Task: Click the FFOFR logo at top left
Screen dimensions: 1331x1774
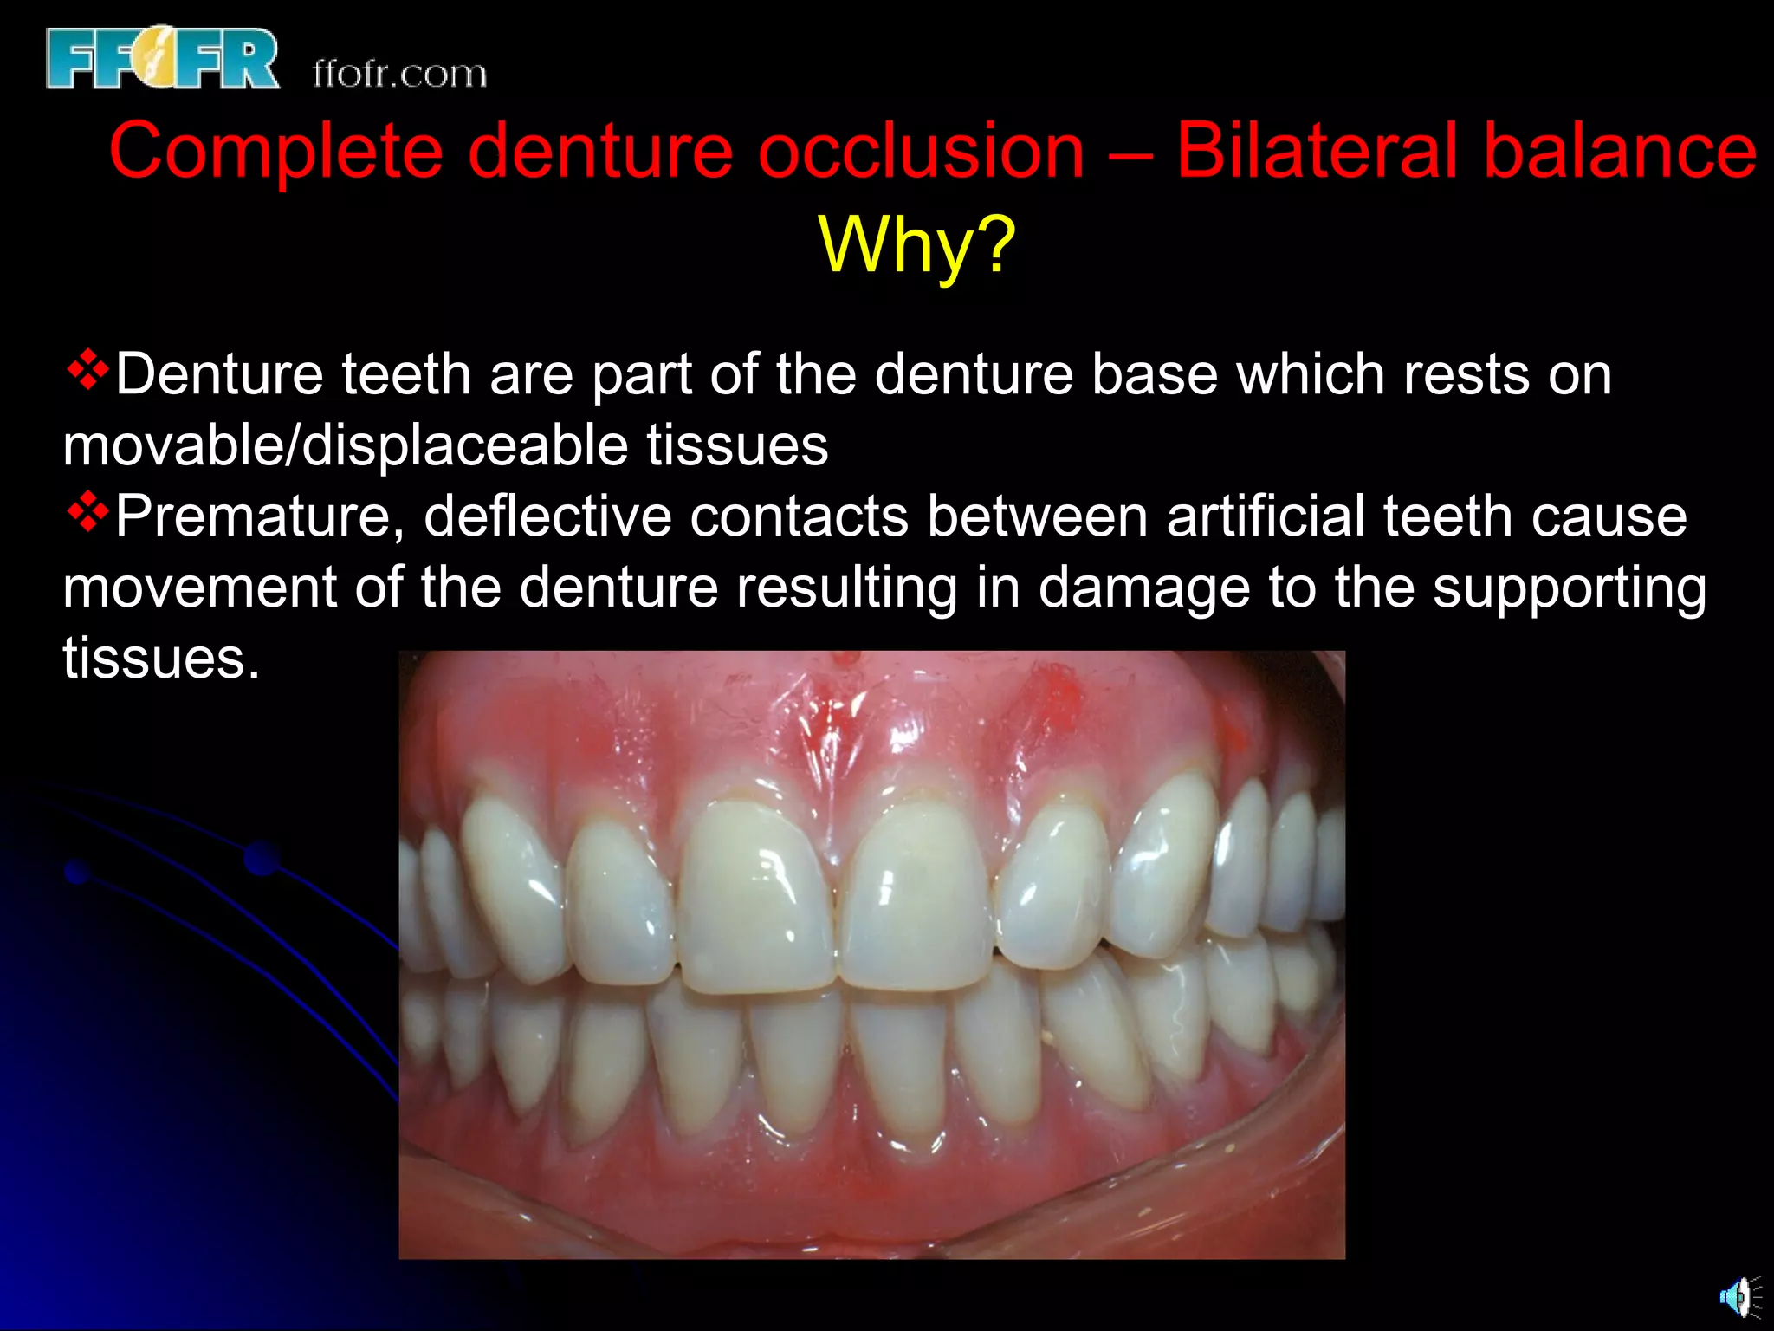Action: [162, 58]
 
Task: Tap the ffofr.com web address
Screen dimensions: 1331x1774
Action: [399, 75]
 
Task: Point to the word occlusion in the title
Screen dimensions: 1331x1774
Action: [921, 151]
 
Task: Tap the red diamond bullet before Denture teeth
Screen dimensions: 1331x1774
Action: [87, 372]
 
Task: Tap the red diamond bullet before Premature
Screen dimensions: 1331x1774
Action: [87, 514]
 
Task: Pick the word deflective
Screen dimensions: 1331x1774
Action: [547, 516]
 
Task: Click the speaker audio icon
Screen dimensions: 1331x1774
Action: [1738, 1297]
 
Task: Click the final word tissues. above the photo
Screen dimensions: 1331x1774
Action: [161, 659]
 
